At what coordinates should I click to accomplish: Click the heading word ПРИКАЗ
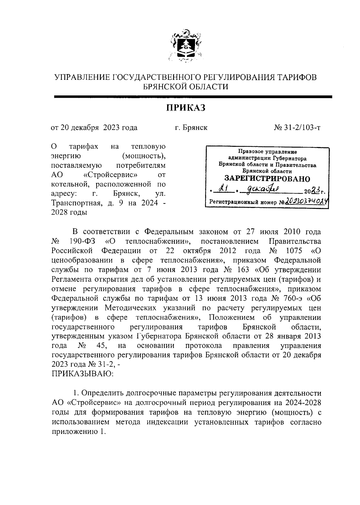click(186, 107)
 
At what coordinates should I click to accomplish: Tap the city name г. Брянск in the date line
click(191, 128)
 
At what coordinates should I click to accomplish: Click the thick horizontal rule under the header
click(193, 97)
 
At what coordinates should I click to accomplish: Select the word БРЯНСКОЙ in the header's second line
click(165, 87)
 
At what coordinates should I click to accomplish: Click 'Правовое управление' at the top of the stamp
click(267, 152)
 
